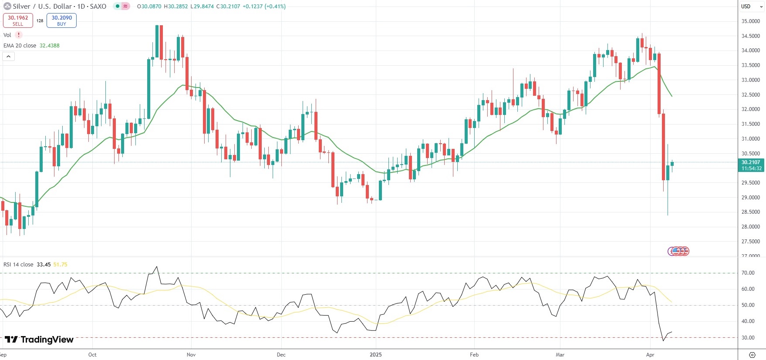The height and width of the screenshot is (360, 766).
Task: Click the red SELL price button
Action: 18,20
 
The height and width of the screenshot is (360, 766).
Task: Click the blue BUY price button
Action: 61,20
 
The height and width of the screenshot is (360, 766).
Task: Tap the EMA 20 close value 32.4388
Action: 50,46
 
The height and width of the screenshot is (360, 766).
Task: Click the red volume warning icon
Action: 19,35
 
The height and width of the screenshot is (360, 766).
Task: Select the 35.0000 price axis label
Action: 750,21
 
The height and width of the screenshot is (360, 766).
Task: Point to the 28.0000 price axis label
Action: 750,227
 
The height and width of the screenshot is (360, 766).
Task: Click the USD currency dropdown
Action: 752,7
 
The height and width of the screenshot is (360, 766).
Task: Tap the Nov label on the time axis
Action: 191,355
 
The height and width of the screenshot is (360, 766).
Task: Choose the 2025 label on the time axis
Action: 375,355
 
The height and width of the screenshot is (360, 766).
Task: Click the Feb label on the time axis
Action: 474,355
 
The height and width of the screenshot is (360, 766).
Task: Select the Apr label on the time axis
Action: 650,355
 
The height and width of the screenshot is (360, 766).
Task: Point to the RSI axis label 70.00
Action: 748,273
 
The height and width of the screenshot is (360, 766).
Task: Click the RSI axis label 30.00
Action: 748,338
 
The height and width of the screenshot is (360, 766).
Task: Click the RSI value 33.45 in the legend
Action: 44,265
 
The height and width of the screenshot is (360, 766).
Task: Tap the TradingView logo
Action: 39,340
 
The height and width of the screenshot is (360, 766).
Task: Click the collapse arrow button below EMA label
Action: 8,56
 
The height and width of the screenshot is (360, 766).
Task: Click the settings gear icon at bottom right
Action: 752,355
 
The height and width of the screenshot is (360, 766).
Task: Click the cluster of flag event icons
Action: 678,251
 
